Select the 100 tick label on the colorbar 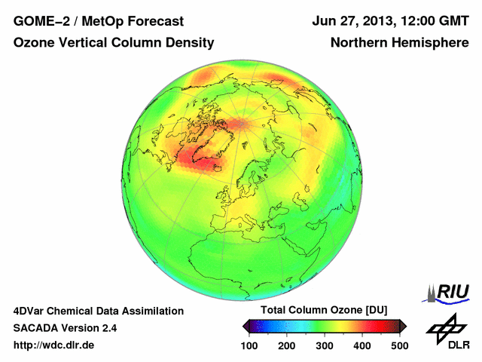tap(249, 345)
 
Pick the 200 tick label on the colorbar tap(287, 345)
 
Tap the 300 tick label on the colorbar tap(325, 345)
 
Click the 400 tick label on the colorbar tap(362, 345)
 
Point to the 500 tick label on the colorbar tap(399, 345)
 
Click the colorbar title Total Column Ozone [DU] tap(324, 311)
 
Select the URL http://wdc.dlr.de tap(55, 345)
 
